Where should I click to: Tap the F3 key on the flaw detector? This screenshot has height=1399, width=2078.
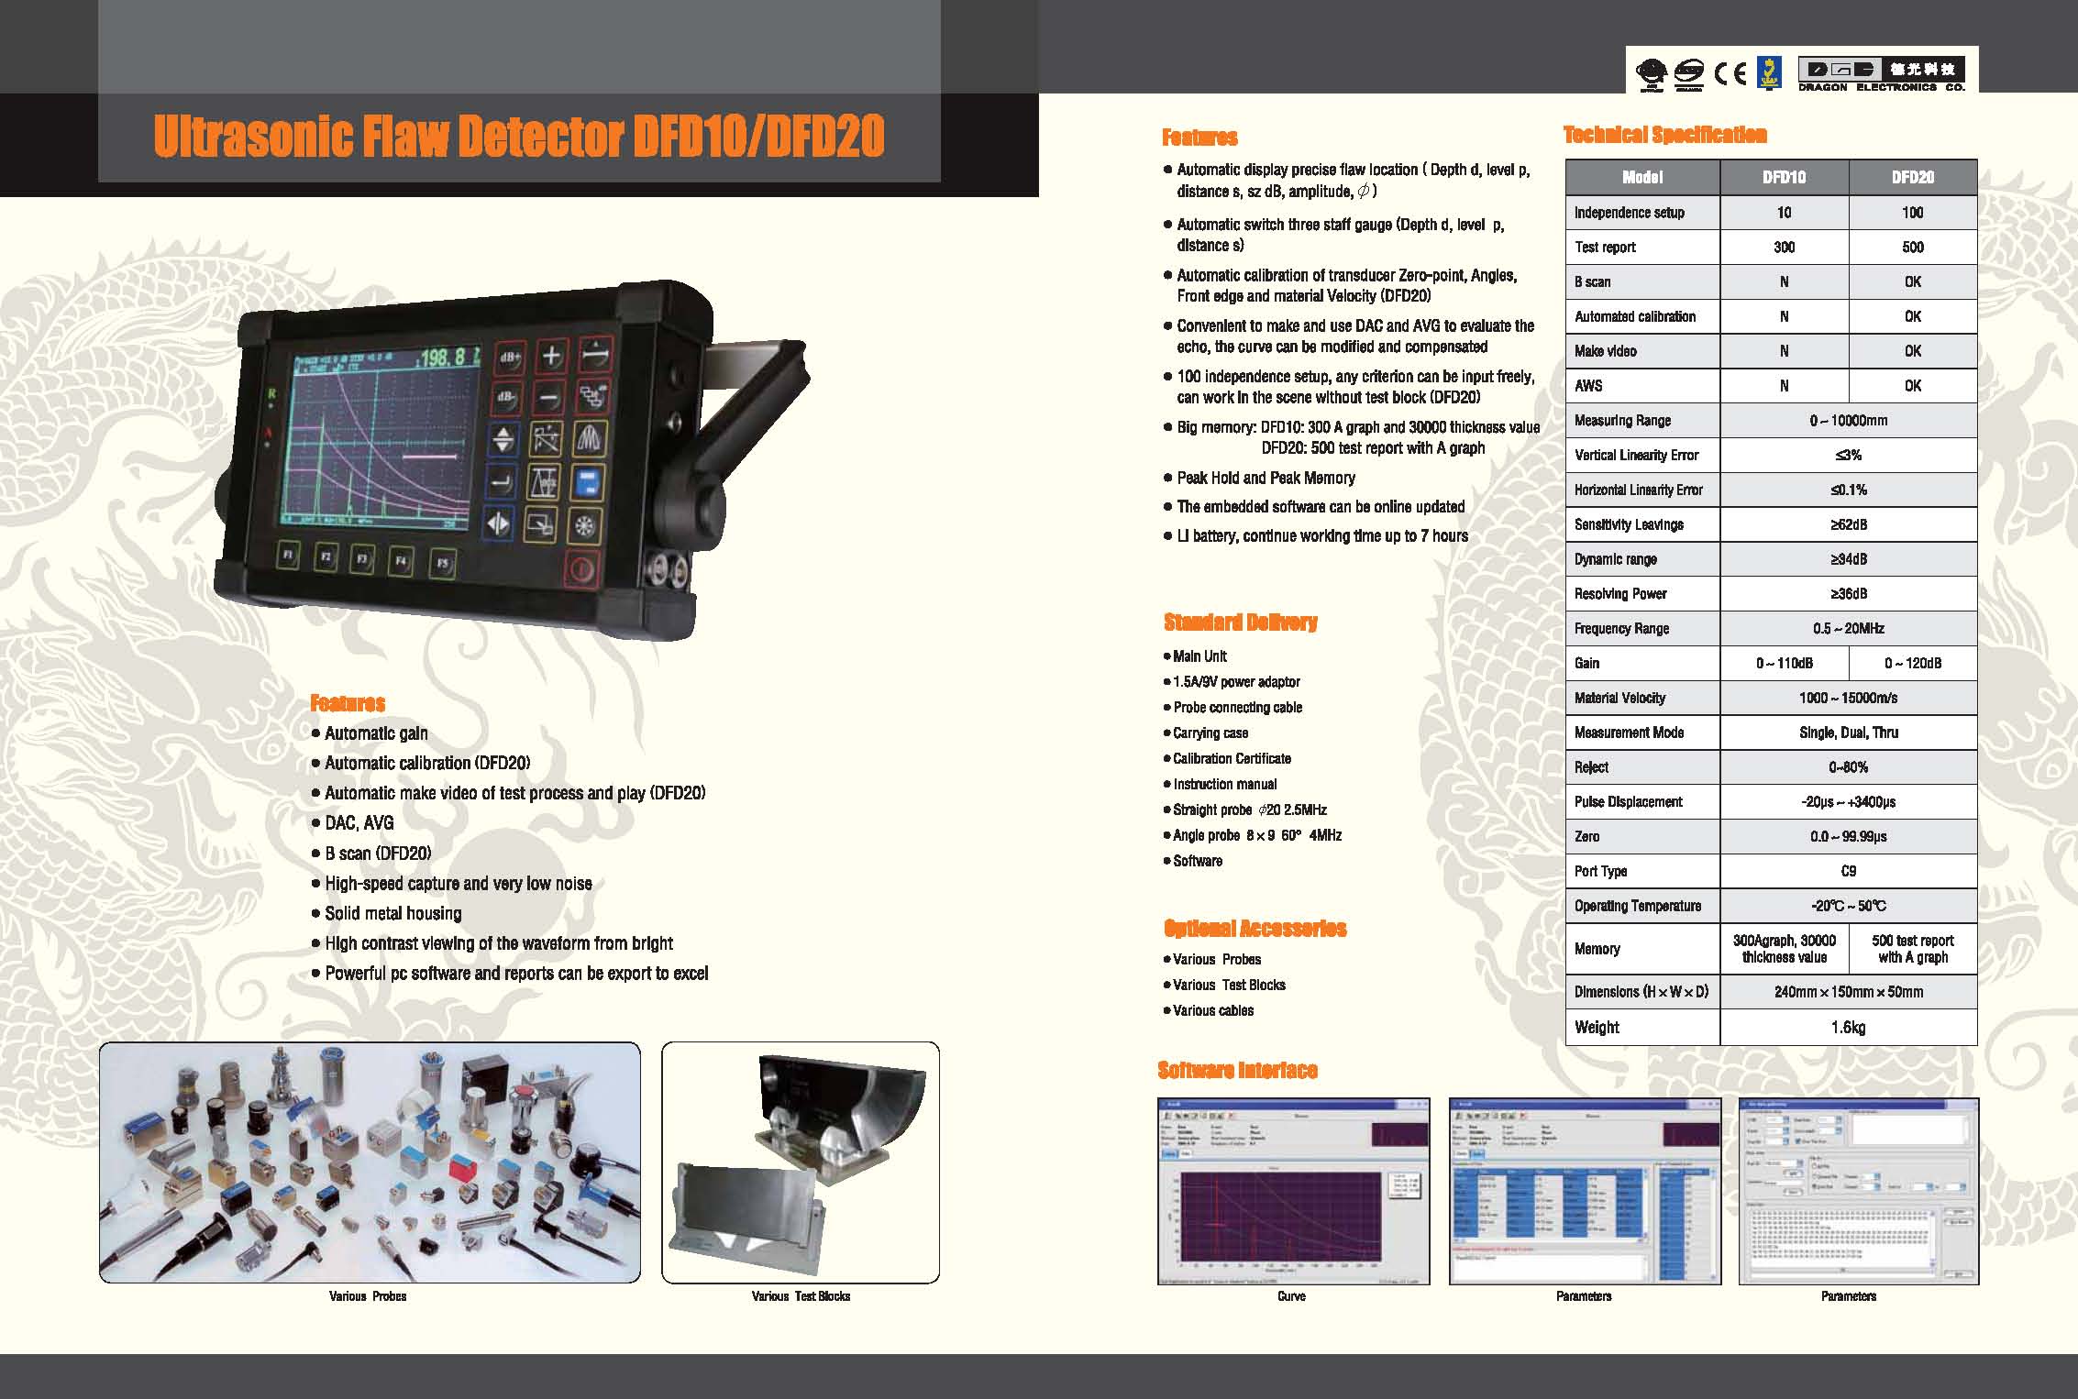tap(362, 558)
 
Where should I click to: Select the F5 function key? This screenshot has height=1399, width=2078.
tap(443, 563)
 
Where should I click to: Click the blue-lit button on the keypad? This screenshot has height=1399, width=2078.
tap(587, 481)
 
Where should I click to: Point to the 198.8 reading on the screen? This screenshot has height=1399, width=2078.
tap(448, 357)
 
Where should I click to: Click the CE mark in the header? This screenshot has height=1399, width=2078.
tap(1730, 72)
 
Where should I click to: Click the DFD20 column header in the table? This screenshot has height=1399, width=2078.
tap(1912, 177)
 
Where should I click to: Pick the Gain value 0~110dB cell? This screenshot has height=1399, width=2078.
tap(1784, 663)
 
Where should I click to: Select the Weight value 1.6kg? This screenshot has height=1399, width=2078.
tap(1848, 1027)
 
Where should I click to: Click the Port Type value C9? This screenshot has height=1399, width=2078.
tap(1848, 871)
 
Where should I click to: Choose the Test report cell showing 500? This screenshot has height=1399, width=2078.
tap(1912, 247)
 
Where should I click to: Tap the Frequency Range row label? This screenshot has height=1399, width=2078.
tap(1621, 628)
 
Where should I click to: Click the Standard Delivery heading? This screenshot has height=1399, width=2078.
tap(1240, 622)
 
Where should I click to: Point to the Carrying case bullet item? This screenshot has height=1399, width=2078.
tap(1210, 733)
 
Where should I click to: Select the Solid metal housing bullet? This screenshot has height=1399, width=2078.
tap(392, 913)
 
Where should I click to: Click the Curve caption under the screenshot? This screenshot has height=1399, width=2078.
tap(1291, 1296)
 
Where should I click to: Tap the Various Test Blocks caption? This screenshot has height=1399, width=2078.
tap(801, 1296)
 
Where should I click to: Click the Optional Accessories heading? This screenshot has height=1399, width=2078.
tap(1255, 929)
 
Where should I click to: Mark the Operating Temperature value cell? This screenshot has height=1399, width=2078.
tap(1848, 906)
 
